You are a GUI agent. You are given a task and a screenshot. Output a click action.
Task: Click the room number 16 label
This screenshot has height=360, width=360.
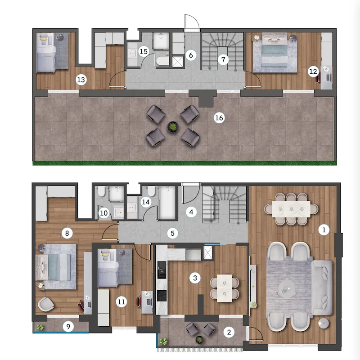point(219,118)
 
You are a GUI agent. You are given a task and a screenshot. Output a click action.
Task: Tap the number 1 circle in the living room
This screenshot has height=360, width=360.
point(324,229)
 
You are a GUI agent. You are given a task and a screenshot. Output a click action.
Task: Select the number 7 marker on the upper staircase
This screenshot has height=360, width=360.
point(223,60)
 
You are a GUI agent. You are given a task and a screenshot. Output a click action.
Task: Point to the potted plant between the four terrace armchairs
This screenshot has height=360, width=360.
point(173,127)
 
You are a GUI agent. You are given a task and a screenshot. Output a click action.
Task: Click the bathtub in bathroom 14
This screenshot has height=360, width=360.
point(167,203)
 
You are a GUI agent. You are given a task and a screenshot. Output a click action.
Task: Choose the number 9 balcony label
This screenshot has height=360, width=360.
point(68,326)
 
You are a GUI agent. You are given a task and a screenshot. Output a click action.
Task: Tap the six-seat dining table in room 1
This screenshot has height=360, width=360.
point(291,209)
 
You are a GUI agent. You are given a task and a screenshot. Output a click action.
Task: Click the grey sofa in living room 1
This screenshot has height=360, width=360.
point(322,288)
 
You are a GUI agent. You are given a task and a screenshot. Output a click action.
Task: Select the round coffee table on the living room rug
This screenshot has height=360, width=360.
point(287,288)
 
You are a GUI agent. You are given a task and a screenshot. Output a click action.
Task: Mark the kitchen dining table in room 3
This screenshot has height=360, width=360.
point(225,288)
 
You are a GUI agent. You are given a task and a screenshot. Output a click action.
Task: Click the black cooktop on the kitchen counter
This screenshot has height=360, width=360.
point(162,296)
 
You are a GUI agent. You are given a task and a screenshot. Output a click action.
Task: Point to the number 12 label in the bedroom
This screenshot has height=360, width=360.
point(313,72)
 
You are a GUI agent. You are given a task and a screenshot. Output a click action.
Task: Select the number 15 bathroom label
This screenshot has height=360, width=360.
point(144,51)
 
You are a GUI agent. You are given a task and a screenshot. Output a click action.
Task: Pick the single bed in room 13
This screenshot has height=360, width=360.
point(46,53)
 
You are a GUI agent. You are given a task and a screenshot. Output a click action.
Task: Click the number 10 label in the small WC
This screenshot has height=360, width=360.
point(103,213)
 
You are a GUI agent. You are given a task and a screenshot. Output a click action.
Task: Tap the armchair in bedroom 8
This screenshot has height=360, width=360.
point(46,304)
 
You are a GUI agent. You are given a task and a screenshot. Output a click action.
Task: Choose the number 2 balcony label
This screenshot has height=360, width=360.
point(229,332)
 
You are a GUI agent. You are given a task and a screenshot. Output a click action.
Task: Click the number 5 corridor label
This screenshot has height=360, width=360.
point(173,234)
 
